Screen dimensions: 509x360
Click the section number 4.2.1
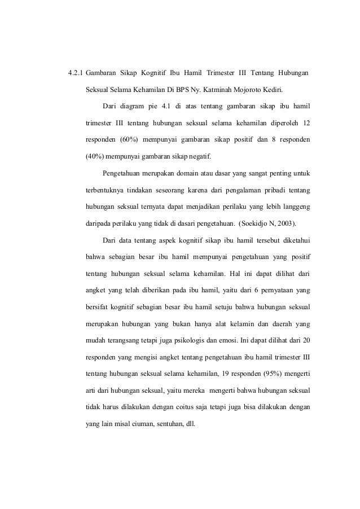tap(75, 74)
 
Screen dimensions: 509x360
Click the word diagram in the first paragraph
tap(133, 106)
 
